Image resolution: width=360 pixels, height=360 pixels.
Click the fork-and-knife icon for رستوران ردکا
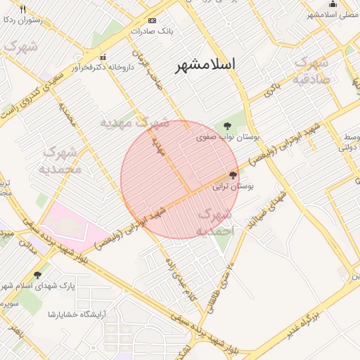[x=22, y=9]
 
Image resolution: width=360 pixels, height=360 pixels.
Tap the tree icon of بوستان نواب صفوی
[x=226, y=126]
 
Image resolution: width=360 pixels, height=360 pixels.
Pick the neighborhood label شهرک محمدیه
[x=62, y=160]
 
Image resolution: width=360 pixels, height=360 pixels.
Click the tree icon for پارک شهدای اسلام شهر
[x=37, y=275]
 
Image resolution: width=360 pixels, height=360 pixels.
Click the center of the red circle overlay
[x=180, y=180]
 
